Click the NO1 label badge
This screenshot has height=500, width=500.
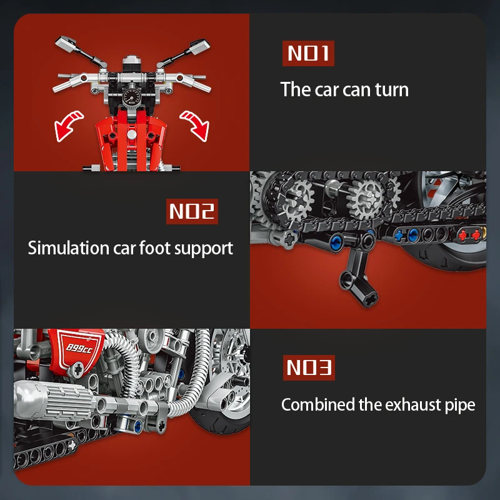coord(308,53)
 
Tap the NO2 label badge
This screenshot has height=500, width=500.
coord(192,211)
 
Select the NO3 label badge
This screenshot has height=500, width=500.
coord(309,367)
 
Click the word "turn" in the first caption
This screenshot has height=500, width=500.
coord(392,89)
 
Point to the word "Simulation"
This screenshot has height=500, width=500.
coord(69,247)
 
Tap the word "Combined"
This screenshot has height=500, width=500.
coord(318,404)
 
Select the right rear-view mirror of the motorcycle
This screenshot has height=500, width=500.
coord(199,46)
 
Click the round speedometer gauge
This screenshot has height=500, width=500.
coord(131,96)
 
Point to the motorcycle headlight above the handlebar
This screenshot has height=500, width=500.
coord(131,64)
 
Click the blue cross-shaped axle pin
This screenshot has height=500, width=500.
coord(399,236)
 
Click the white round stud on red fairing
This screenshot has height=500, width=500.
coord(132,134)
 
